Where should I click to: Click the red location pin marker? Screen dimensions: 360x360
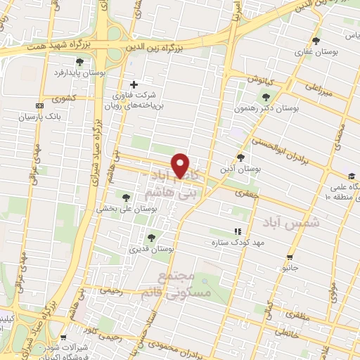(181, 165)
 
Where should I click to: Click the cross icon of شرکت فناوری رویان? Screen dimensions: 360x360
(134, 84)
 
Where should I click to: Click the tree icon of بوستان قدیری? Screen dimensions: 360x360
(150, 237)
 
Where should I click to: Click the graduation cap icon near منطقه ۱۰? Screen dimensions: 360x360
(351, 176)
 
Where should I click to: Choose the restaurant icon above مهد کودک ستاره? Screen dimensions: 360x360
(237, 231)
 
